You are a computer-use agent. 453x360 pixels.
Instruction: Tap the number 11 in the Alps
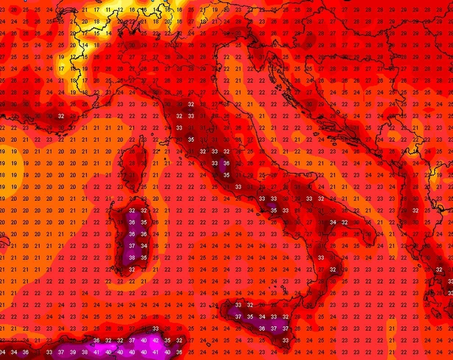point(109,9)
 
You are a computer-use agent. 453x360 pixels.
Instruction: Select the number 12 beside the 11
point(120,9)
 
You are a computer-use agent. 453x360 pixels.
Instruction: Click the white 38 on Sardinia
point(132,258)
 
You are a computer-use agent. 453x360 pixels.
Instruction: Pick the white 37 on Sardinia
point(132,246)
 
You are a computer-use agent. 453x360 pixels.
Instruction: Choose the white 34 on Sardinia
point(144,246)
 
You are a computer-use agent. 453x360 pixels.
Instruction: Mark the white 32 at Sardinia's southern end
point(132,270)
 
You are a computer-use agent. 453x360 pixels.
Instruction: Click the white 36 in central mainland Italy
point(226,163)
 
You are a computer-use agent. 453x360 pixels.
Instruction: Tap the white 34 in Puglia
point(333,222)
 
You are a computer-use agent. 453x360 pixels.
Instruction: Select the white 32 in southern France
point(61,116)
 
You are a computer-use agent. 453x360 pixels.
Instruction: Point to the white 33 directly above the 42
point(156,328)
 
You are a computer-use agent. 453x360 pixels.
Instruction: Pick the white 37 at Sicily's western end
point(238,317)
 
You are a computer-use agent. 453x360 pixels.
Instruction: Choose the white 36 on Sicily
point(262,328)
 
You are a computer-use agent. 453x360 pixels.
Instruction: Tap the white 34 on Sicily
point(262,317)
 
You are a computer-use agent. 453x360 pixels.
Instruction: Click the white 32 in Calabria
point(333,270)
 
